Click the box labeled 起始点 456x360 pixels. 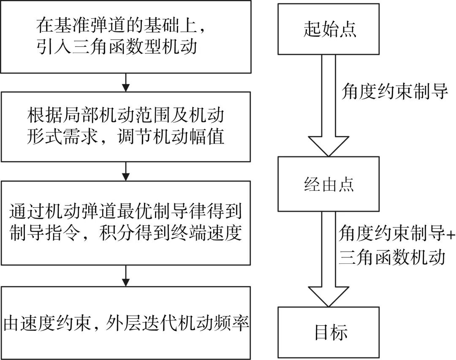click(328, 29)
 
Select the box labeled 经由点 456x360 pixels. click(328, 184)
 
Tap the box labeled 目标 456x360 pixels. click(328, 332)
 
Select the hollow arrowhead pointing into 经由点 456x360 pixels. click(328, 146)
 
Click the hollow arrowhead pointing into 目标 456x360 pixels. click(328, 297)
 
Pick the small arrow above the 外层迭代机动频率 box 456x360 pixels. click(126, 278)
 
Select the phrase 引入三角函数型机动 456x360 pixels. click(117, 46)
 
